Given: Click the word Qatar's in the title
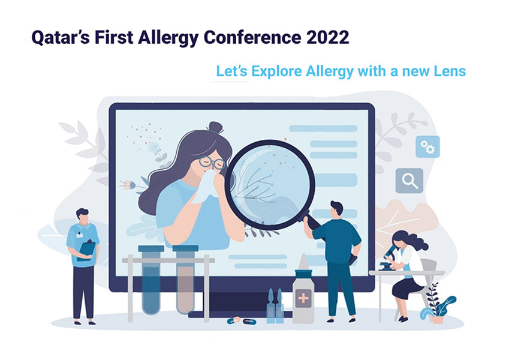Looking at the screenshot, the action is [61, 37].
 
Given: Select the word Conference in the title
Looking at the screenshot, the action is [252, 37].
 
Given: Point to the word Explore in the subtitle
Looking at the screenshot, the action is [276, 71].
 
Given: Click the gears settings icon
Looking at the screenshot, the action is [427, 147].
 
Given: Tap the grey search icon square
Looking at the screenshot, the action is [409, 181].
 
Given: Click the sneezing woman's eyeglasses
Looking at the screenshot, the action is [212, 162].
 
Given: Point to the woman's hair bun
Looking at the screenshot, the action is [215, 127].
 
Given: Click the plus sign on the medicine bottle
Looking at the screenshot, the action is [303, 298].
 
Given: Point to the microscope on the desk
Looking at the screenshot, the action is [389, 258].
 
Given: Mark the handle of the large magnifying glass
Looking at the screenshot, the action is [313, 223].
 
